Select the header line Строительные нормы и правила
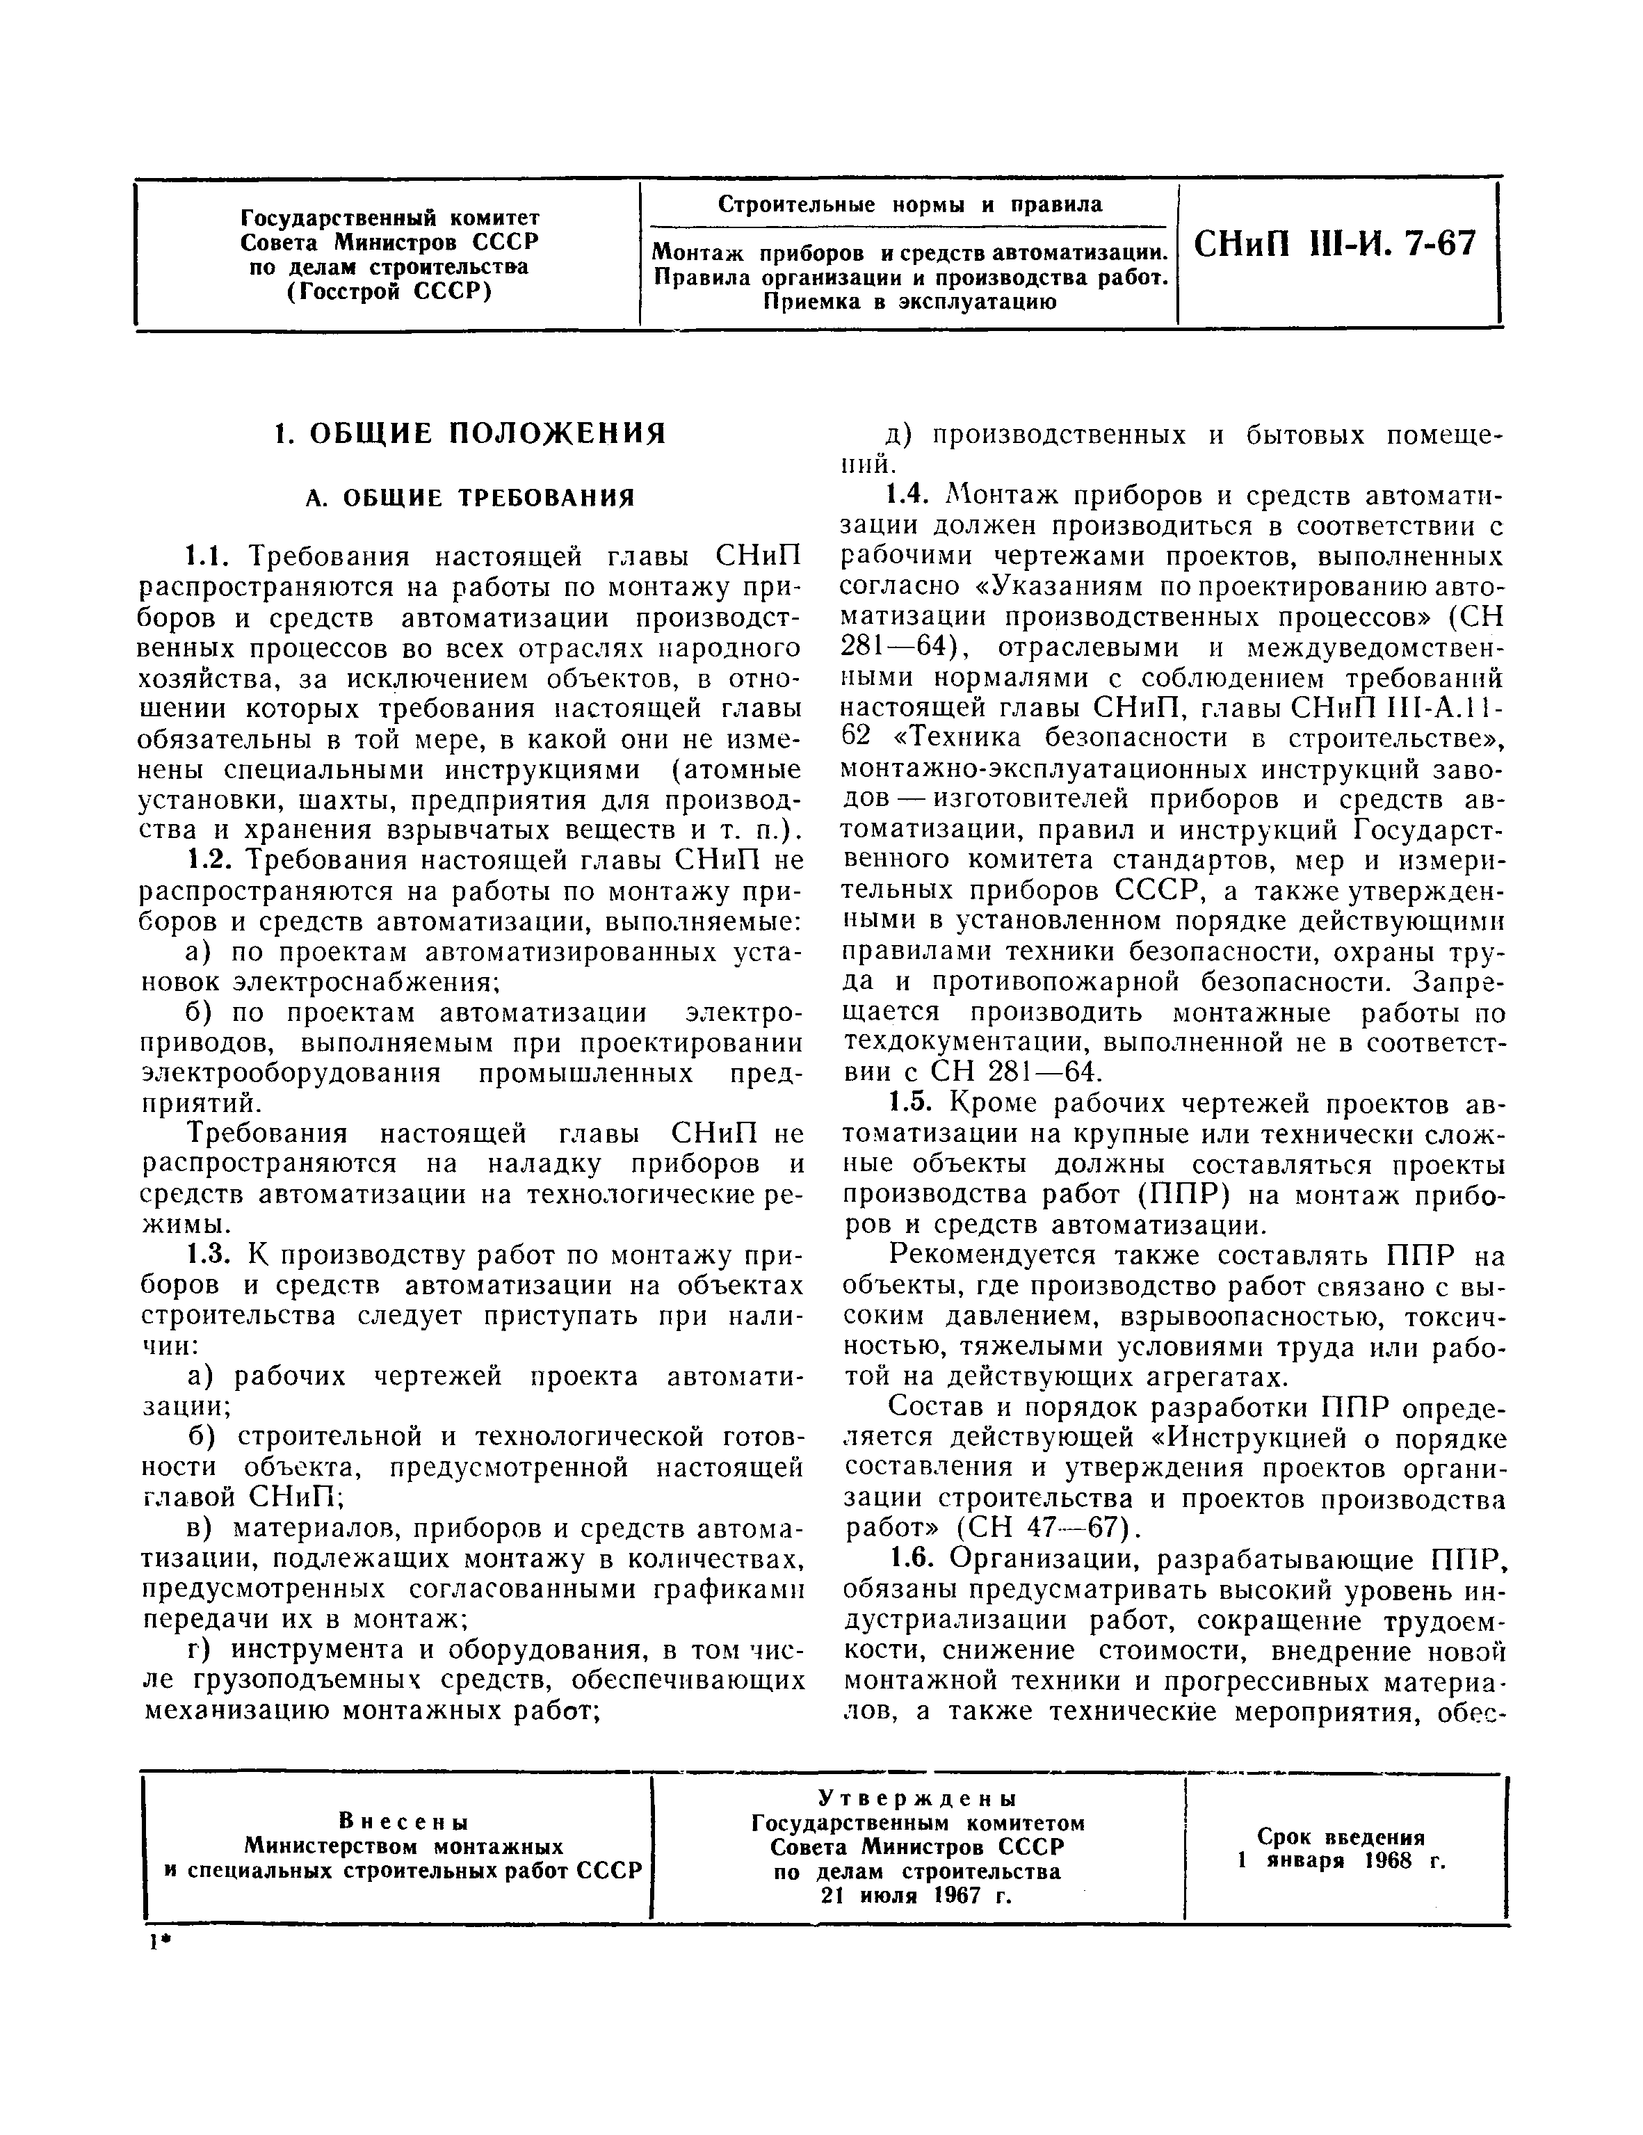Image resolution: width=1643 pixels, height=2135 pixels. (909, 205)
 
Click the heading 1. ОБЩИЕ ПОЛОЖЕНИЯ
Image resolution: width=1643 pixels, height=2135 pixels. (470, 434)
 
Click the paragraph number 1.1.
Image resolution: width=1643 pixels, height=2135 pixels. (207, 557)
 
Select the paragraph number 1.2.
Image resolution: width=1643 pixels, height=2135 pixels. (207, 860)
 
